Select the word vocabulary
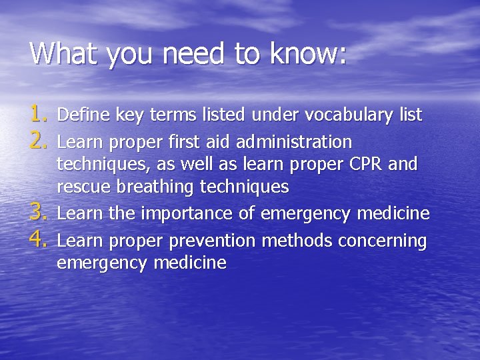349,115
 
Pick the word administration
294,142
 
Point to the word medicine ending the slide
190,263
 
